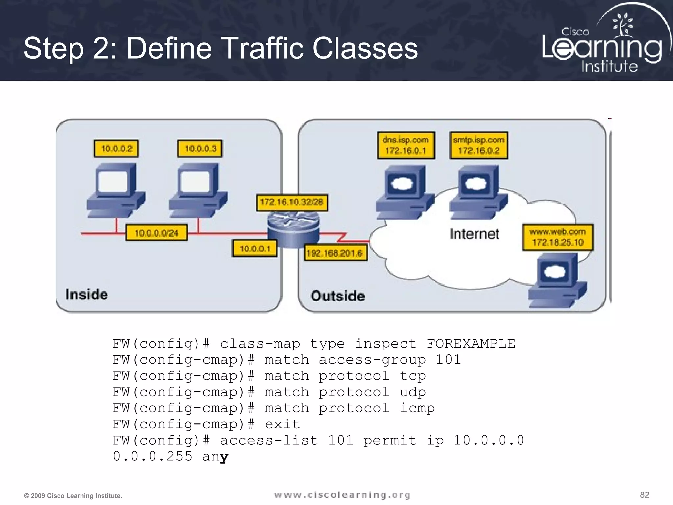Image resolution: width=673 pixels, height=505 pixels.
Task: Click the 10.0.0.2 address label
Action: coord(116,149)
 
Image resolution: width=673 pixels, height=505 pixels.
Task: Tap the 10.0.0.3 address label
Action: coord(200,149)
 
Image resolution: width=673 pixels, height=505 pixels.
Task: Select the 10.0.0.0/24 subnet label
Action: coord(156,233)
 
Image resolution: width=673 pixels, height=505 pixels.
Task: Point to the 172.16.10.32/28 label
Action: coord(292,202)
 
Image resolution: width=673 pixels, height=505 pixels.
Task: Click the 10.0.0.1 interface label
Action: coord(255,249)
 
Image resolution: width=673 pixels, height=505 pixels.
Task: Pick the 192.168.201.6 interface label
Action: coord(335,253)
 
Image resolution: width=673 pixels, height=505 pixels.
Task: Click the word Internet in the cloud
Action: coord(474,234)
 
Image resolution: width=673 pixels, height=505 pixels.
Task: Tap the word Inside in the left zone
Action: coord(86,295)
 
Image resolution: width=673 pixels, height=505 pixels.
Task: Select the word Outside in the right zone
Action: coord(337,296)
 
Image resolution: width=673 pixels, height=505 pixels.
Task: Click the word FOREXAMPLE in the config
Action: coord(471,344)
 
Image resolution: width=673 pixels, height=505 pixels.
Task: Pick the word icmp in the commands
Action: coord(417,408)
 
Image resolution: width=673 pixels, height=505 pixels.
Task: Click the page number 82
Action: coord(644,495)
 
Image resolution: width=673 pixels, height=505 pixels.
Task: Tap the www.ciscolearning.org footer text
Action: coord(342,495)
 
